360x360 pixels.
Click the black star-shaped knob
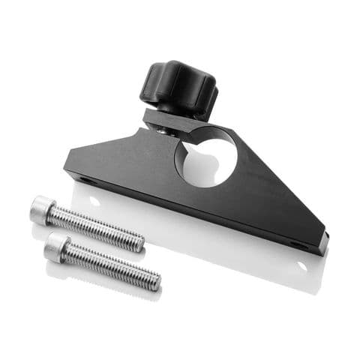(178, 88)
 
